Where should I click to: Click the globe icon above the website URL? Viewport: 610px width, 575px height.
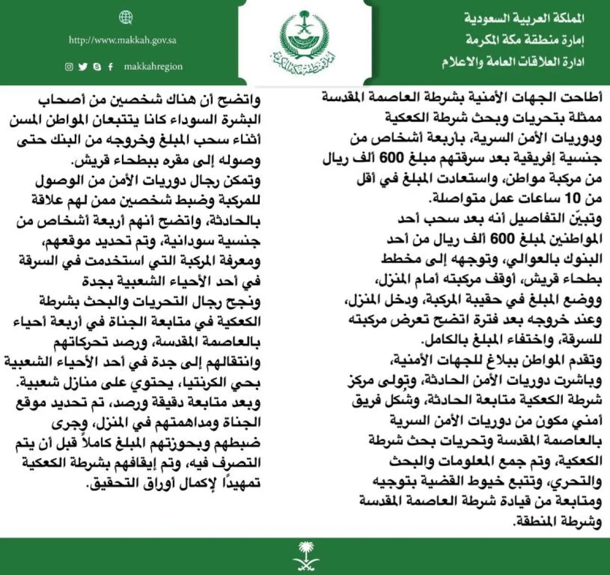(x=126, y=18)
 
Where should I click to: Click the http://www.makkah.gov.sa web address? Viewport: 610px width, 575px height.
(x=123, y=41)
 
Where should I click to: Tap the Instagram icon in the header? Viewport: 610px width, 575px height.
(x=69, y=67)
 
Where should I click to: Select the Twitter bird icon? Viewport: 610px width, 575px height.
(x=83, y=67)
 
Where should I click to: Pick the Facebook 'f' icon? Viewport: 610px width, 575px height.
(x=110, y=67)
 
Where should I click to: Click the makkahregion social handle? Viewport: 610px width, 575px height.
(x=153, y=67)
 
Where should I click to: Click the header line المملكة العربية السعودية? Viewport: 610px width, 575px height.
(x=524, y=19)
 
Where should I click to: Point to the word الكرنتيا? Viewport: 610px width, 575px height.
(x=213, y=383)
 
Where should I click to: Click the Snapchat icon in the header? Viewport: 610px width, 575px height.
(x=97, y=67)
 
